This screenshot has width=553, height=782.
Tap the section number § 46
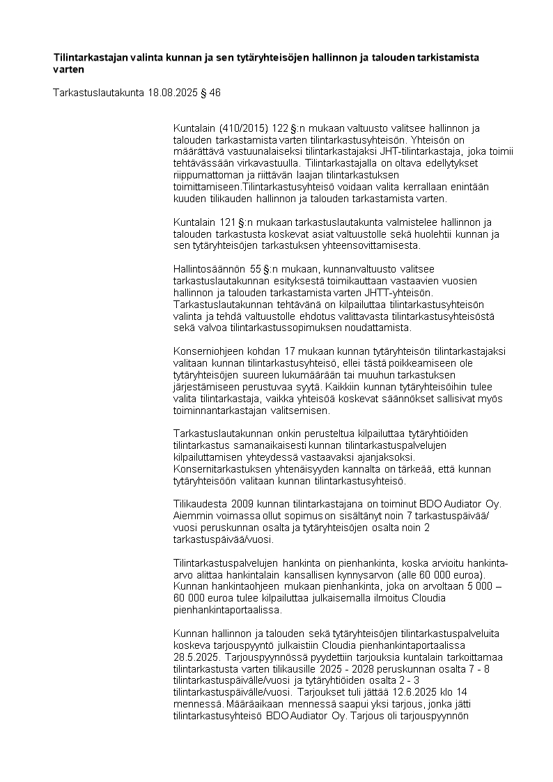(x=210, y=92)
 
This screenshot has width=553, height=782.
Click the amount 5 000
(x=479, y=586)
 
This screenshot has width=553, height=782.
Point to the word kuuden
(x=187, y=199)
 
